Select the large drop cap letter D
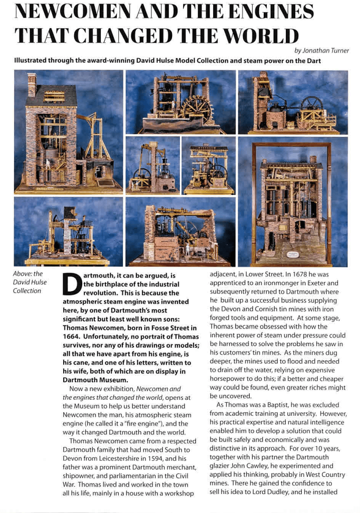click(73, 284)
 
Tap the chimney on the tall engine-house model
click(32, 83)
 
